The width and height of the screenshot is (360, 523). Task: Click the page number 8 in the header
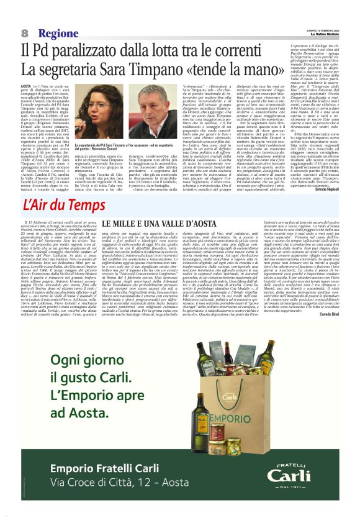click(x=25, y=33)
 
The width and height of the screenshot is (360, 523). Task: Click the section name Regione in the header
click(x=58, y=33)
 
